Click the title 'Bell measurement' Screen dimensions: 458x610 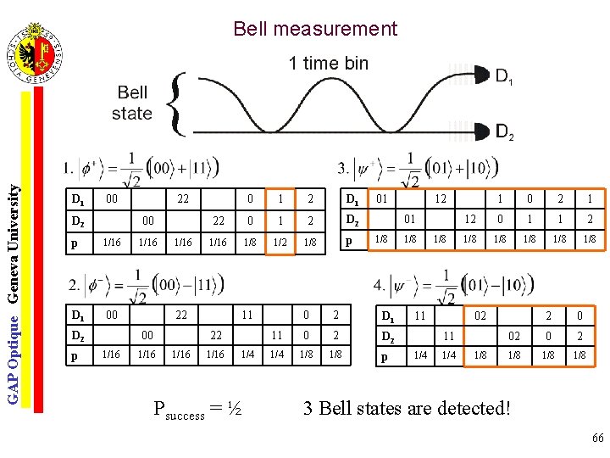pos(315,29)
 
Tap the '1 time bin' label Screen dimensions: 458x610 pos(329,63)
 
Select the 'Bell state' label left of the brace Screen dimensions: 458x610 pos(132,103)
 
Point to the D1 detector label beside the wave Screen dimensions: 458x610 pos(503,78)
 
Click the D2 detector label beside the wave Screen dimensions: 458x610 pos(503,132)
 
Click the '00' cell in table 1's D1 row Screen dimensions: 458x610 pos(110,199)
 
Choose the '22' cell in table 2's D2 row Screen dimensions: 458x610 pos(215,335)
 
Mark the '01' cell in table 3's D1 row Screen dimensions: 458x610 pos(382,199)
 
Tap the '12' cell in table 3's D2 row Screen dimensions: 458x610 pos(469,221)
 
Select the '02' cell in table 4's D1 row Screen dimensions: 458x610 pos(480,315)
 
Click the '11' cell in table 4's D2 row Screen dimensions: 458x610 pos(450,335)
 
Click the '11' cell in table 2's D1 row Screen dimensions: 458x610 pos(247,315)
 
